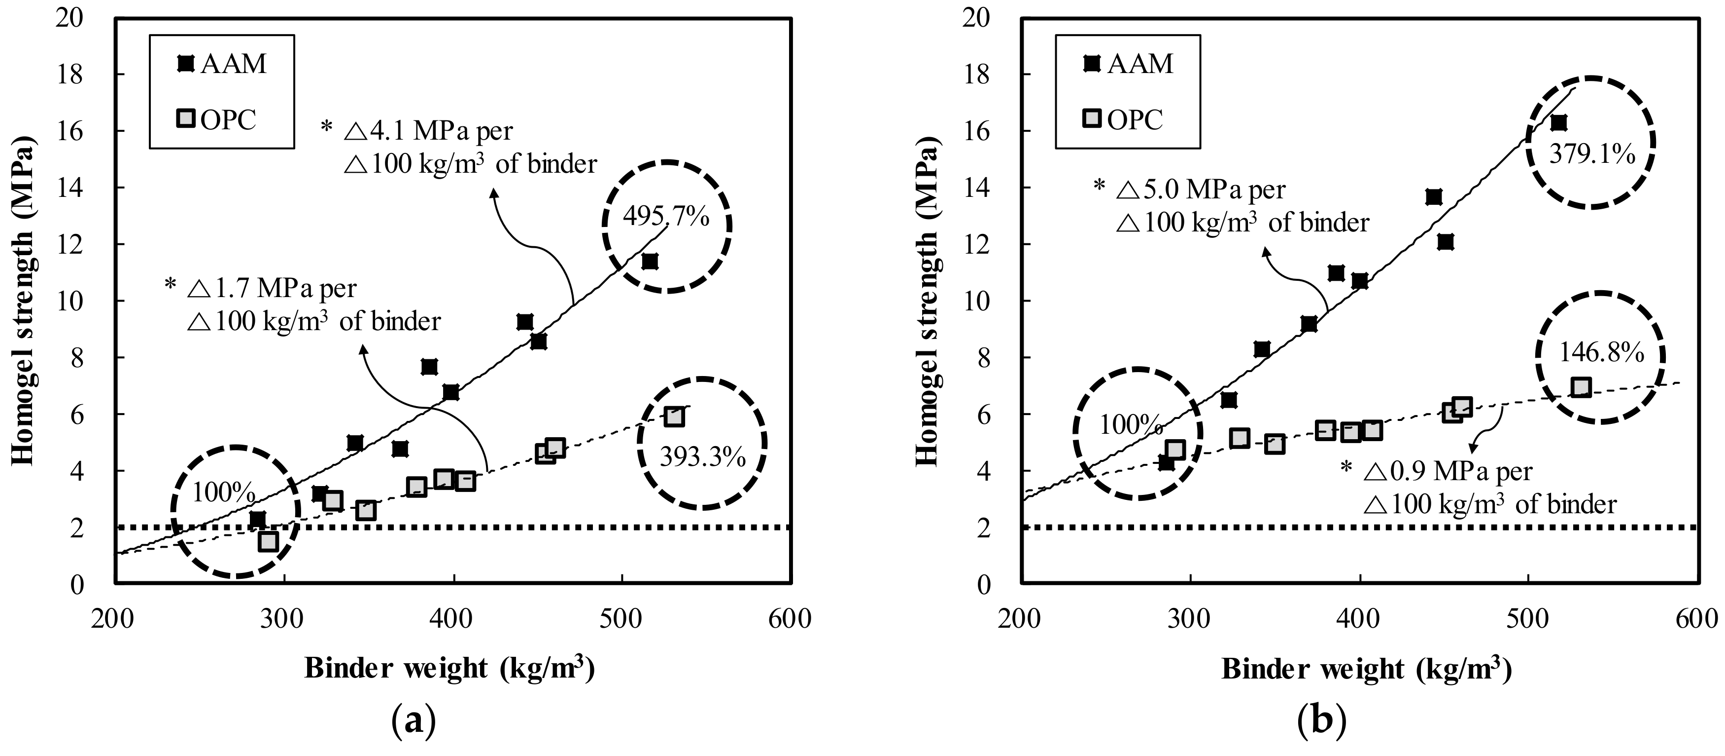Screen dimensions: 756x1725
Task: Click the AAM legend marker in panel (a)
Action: (x=185, y=64)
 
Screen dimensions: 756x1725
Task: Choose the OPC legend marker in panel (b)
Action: (x=1092, y=119)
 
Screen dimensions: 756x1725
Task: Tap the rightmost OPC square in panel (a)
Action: (x=674, y=416)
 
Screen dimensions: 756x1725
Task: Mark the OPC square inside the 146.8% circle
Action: (x=1581, y=387)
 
